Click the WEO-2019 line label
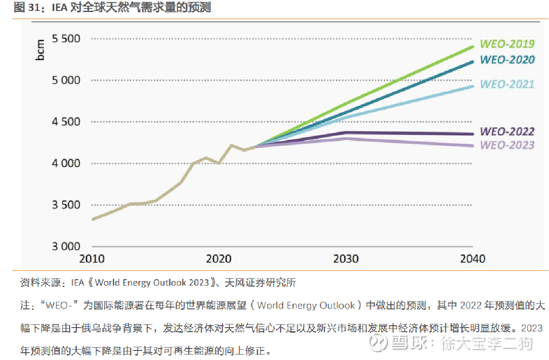(x=507, y=44)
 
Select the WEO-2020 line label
(x=507, y=60)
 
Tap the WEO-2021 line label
(x=507, y=84)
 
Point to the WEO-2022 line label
(x=507, y=132)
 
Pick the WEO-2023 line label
(x=507, y=145)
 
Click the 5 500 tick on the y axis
(x=66, y=39)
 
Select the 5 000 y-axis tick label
(x=66, y=80)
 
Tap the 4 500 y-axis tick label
(x=66, y=122)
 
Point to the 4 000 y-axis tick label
(x=66, y=163)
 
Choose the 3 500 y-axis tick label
(x=66, y=205)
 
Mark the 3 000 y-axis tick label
(x=66, y=246)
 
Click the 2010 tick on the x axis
(x=92, y=259)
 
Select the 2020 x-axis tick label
(x=219, y=259)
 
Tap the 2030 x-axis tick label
(x=346, y=259)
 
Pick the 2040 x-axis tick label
(x=473, y=259)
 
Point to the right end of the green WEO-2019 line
(x=472, y=47)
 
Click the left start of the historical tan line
(x=93, y=219)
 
